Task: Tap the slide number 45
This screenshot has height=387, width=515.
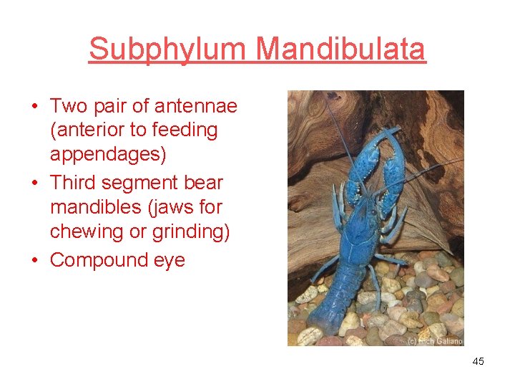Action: (x=478, y=361)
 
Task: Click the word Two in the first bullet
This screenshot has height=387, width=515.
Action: (x=69, y=106)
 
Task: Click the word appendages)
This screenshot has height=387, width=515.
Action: (x=107, y=155)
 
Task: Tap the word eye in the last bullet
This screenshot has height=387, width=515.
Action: (x=169, y=259)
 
